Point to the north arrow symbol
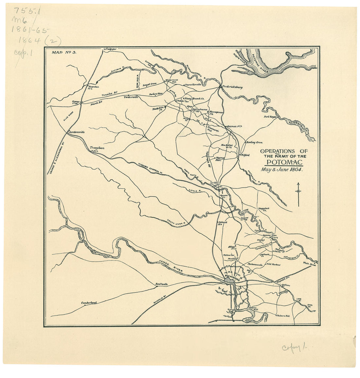[298, 194]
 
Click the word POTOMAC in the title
[284, 162]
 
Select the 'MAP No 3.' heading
[64, 52]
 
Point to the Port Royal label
[271, 117]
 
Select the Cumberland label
[89, 303]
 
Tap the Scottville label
[161, 284]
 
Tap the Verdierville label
[131, 97]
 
